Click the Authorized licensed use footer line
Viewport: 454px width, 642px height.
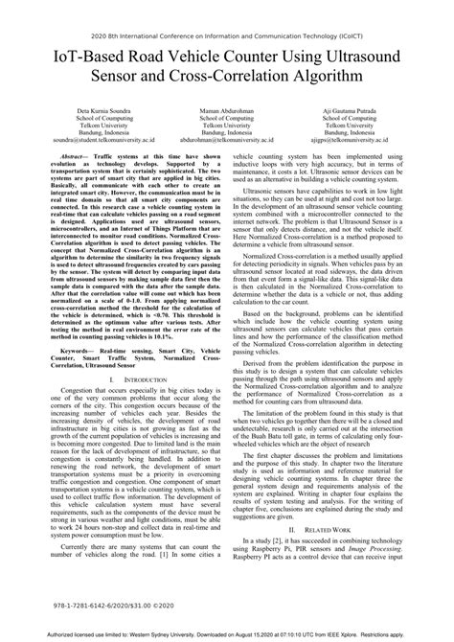tap(227, 634)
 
